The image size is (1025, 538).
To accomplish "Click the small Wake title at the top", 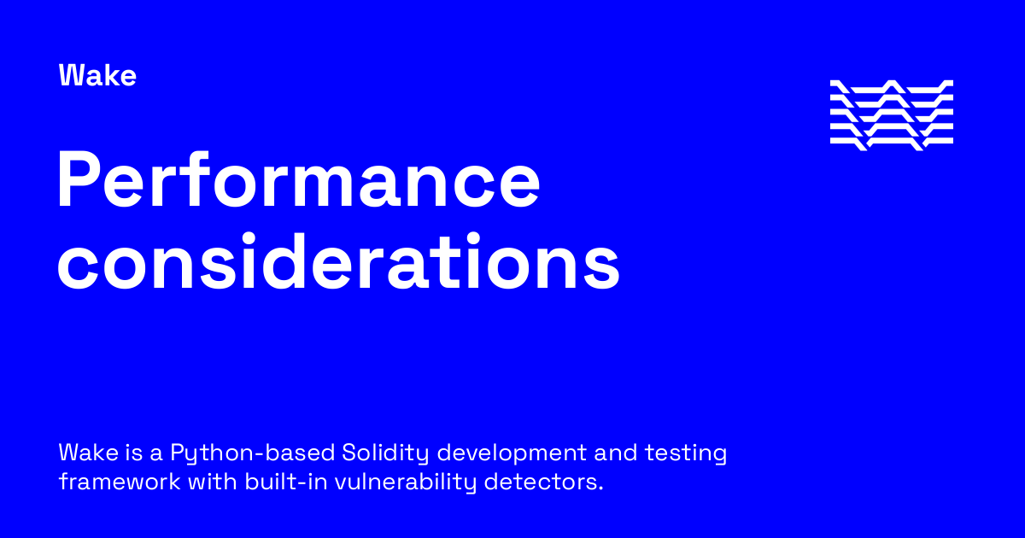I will coord(97,76).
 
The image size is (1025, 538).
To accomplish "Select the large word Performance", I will coord(298,181).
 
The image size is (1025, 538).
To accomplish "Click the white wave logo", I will coord(891,115).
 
